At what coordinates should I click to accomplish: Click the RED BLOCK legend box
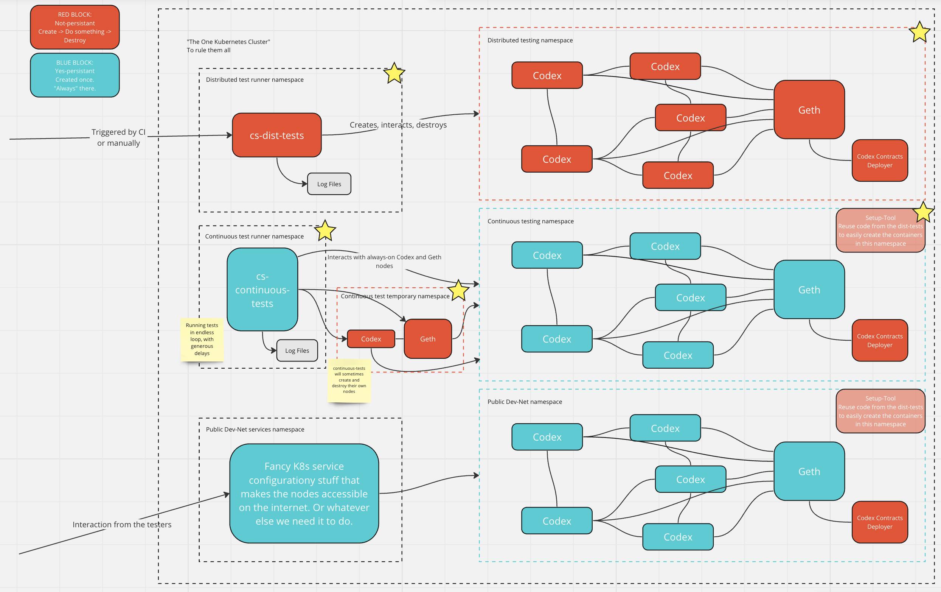(x=75, y=27)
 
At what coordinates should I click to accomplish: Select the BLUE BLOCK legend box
(x=75, y=75)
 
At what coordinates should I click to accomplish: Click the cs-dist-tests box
(x=277, y=135)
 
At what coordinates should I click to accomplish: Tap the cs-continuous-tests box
(x=262, y=290)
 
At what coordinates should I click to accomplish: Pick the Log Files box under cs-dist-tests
(x=329, y=184)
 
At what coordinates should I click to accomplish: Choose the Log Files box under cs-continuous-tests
(x=297, y=351)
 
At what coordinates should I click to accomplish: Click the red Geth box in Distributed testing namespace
(x=809, y=110)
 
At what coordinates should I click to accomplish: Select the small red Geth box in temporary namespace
(x=427, y=339)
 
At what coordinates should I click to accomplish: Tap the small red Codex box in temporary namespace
(x=371, y=339)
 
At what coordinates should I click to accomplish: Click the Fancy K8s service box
(x=304, y=494)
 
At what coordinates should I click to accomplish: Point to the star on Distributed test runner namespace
(x=394, y=73)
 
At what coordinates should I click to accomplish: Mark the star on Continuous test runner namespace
(x=325, y=231)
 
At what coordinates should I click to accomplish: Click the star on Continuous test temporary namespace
(x=458, y=291)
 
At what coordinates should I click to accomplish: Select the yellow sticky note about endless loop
(x=202, y=339)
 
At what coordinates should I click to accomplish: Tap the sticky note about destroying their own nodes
(x=349, y=380)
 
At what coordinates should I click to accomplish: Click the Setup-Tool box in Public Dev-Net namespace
(x=880, y=411)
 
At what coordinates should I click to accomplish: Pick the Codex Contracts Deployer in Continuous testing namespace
(x=880, y=341)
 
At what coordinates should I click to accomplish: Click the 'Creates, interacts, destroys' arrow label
(x=398, y=125)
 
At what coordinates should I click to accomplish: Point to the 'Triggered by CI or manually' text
(x=118, y=137)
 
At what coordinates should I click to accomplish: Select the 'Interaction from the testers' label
(x=122, y=524)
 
